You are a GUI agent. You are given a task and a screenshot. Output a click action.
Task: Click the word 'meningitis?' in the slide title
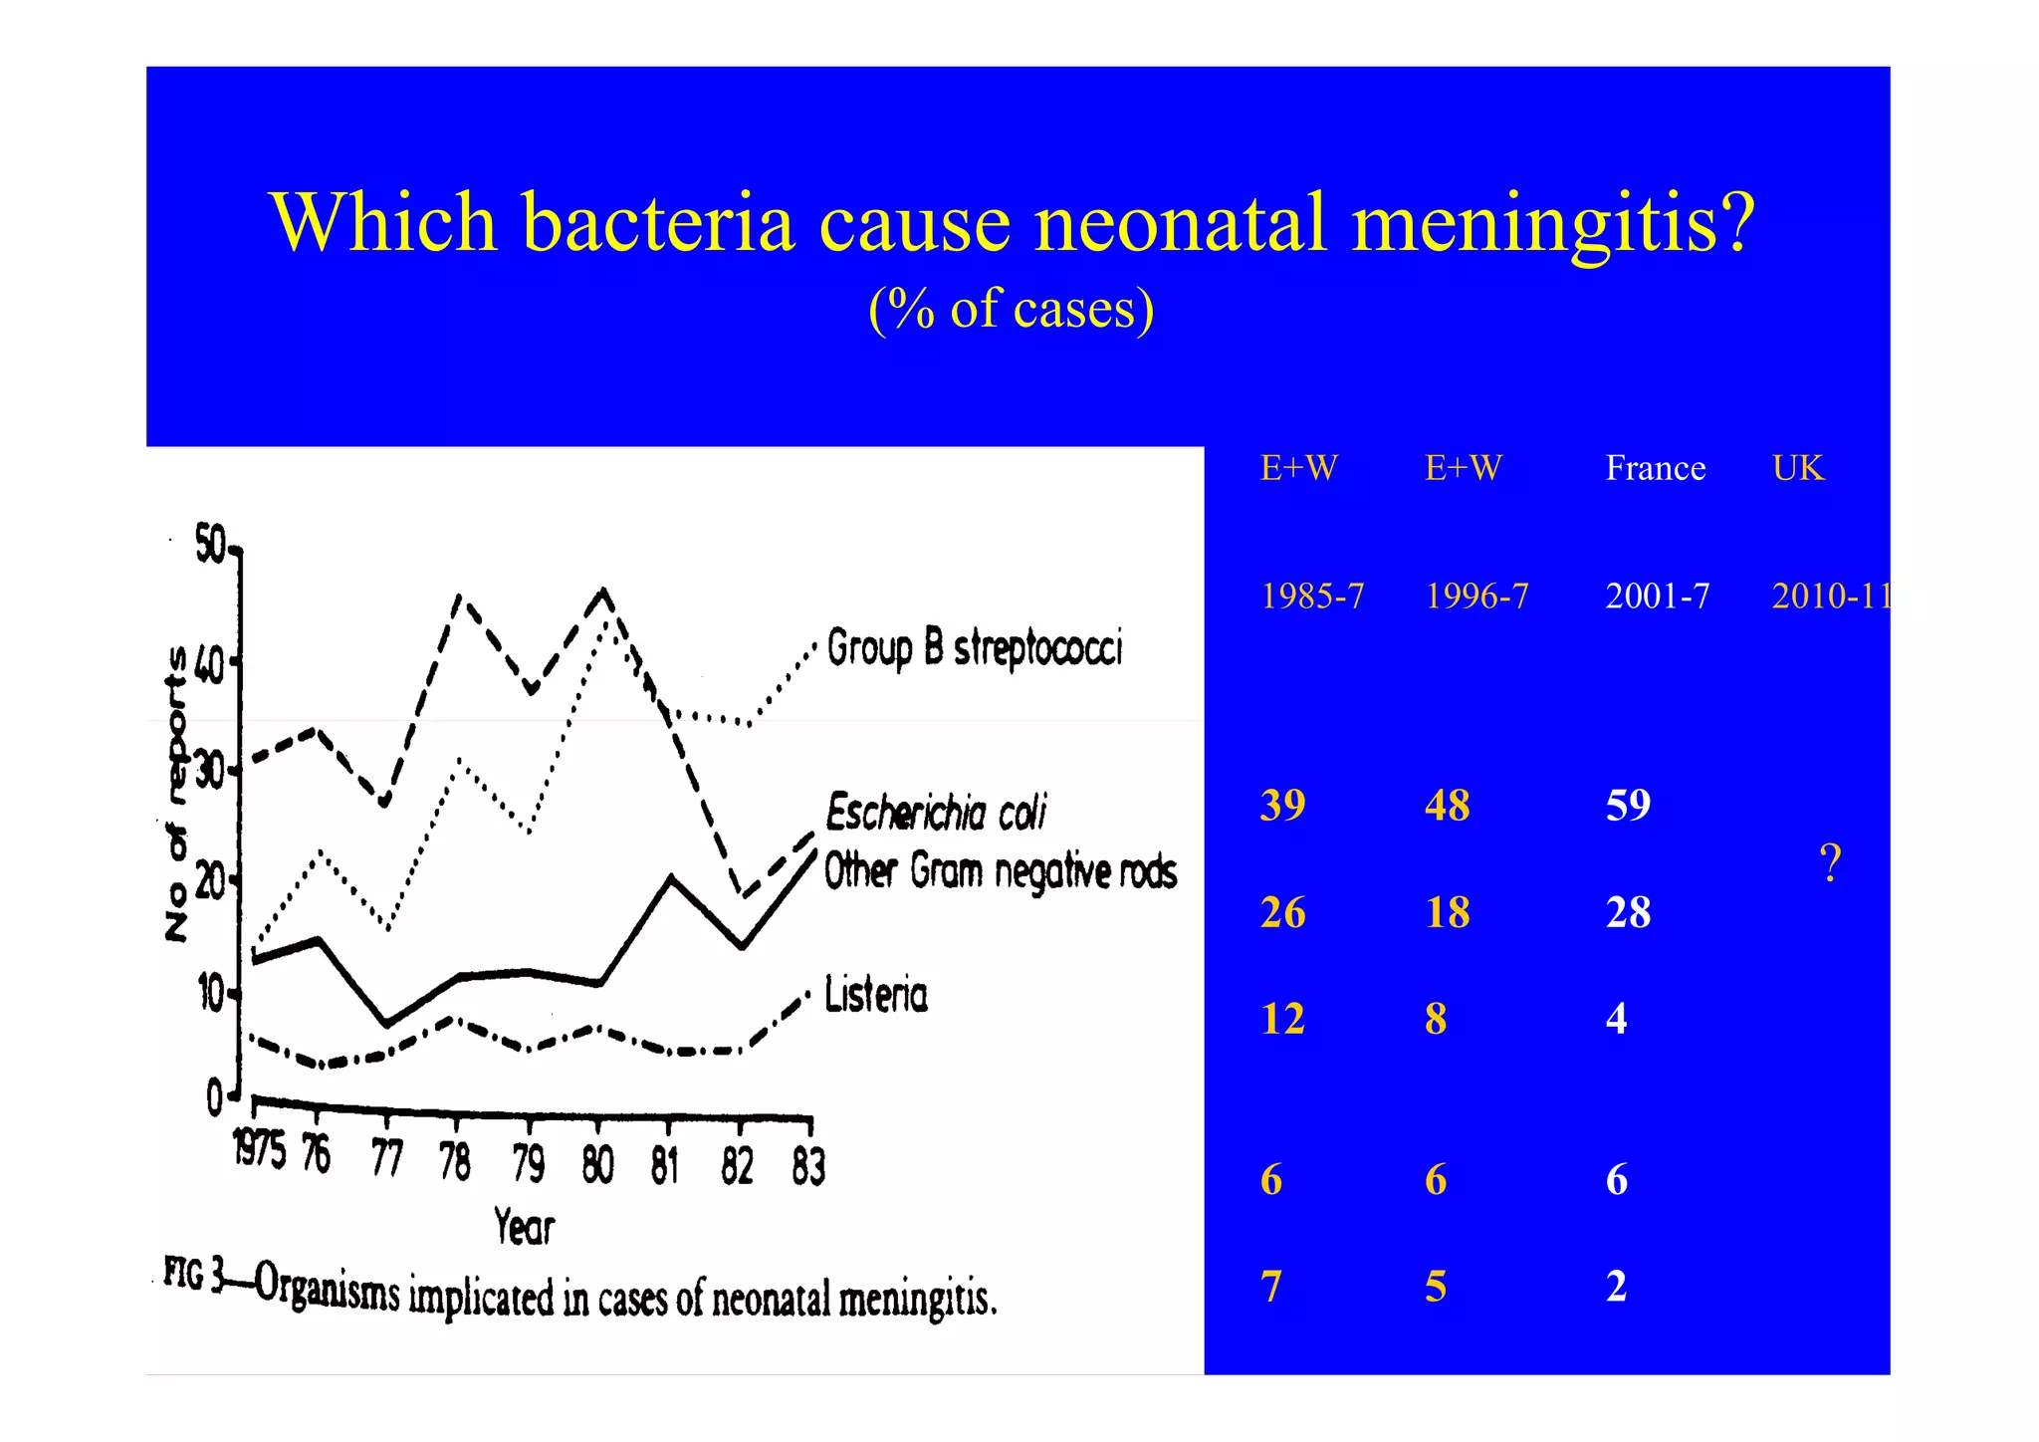pos(1553,223)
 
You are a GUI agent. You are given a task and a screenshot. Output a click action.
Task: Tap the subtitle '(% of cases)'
pos(1011,308)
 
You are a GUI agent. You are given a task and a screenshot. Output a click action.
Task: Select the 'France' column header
pos(1655,468)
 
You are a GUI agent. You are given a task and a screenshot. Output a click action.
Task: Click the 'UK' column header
pos(1797,468)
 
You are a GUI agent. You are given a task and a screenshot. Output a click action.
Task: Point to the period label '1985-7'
pos(1311,596)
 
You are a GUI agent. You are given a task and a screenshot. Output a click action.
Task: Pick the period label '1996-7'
pos(1476,596)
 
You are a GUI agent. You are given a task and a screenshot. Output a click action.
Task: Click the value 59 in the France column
pos(1628,805)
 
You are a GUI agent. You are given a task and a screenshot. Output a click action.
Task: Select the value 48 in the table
pos(1447,805)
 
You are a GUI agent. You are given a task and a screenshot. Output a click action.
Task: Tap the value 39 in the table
pos(1282,805)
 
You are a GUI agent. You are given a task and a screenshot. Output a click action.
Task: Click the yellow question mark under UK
pos(1829,862)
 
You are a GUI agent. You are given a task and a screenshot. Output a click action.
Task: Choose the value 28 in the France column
pos(1628,912)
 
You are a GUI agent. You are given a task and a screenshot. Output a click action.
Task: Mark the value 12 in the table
pos(1282,1019)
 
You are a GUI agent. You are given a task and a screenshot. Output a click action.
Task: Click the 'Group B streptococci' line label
pos(974,648)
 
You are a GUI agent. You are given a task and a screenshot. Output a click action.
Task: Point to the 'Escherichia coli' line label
pos(936,813)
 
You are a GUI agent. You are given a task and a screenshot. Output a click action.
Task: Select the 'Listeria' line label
pos(876,995)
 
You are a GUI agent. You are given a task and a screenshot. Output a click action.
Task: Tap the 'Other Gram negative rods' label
pos(1000,871)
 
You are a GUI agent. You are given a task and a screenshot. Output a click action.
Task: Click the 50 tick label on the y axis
pos(210,545)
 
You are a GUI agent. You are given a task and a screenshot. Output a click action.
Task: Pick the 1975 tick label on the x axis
pos(259,1150)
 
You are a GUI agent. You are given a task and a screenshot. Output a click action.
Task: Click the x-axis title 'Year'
pos(524,1226)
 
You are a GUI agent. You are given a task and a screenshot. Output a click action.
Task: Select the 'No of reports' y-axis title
pos(176,793)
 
